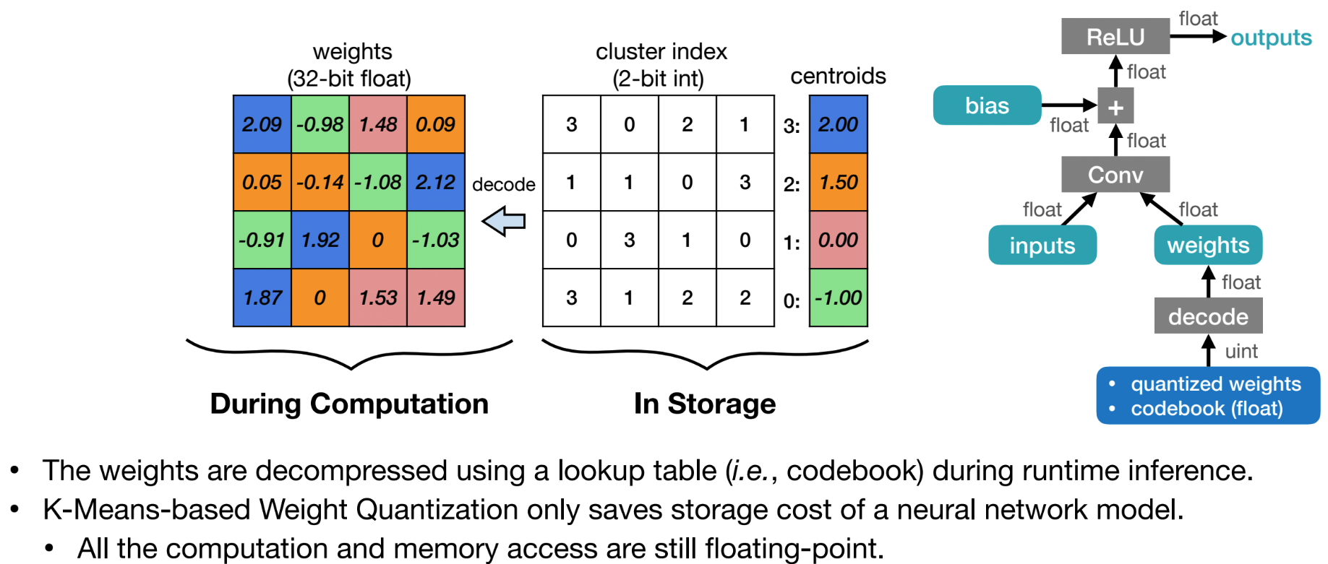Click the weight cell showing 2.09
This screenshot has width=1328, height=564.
click(262, 124)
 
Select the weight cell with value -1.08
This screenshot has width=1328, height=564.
click(377, 182)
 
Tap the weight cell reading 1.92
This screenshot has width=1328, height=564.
click(320, 240)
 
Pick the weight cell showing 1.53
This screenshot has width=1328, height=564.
click(377, 298)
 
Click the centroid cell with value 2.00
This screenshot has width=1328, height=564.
click(838, 124)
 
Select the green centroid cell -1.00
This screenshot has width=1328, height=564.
click(838, 298)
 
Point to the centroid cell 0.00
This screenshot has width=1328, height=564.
click(838, 240)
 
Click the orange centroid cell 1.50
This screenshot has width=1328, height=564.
click(838, 182)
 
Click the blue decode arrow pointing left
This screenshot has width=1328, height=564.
click(504, 221)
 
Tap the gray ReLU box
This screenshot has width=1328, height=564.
click(1115, 36)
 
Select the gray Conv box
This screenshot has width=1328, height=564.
click(1115, 175)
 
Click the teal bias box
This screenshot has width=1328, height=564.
click(987, 105)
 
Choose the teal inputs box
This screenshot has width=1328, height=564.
click(1042, 246)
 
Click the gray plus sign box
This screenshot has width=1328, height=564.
click(1115, 107)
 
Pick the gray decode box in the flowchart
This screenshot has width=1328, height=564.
click(1208, 316)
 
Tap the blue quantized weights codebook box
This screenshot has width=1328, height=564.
click(1208, 396)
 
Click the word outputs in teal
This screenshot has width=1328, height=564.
click(1271, 38)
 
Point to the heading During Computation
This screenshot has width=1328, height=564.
click(349, 404)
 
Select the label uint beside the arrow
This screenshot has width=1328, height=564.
click(1241, 352)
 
